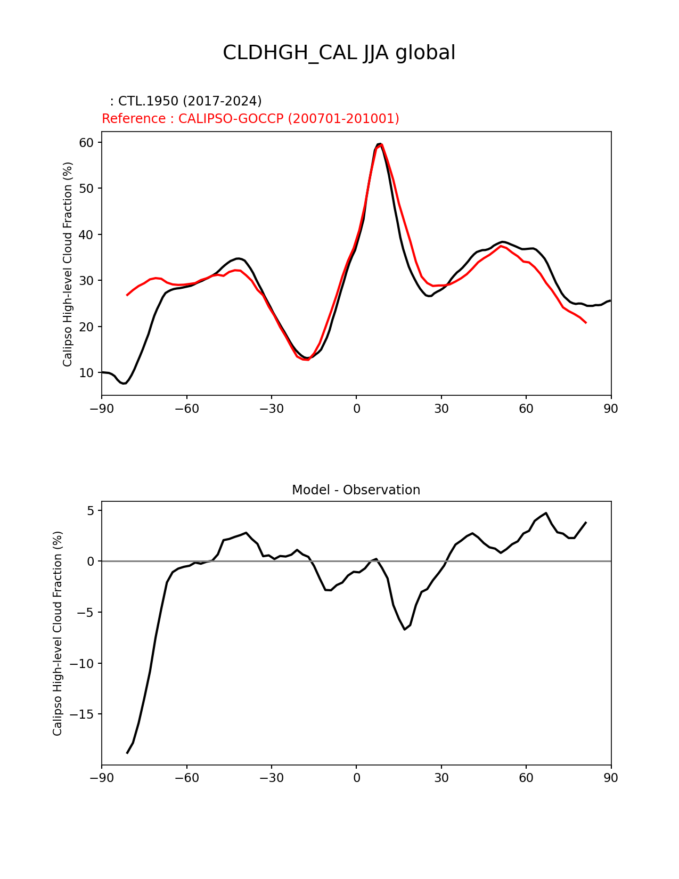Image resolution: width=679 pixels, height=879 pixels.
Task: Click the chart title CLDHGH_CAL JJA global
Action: click(x=339, y=53)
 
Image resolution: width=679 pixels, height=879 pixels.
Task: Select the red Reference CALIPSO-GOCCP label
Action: click(x=250, y=119)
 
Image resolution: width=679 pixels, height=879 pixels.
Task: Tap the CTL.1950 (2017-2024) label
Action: click(x=186, y=101)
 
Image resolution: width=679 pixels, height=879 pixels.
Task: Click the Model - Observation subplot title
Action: click(x=356, y=490)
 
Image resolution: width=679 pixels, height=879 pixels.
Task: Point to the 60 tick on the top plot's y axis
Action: click(x=87, y=142)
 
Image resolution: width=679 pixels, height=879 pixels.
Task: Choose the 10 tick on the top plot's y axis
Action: click(x=87, y=373)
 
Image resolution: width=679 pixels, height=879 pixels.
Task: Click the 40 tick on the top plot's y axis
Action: click(x=87, y=234)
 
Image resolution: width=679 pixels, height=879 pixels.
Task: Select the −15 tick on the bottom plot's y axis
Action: click(x=83, y=714)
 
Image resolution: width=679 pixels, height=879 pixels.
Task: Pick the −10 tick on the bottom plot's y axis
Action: click(x=83, y=663)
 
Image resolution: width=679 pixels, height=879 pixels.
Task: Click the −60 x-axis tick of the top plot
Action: click(x=186, y=409)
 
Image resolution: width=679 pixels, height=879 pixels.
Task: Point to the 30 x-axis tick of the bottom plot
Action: click(x=441, y=778)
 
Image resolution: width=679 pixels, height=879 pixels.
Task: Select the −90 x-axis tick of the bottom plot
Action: click(x=102, y=778)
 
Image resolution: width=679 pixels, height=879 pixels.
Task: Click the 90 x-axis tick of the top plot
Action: click(x=611, y=409)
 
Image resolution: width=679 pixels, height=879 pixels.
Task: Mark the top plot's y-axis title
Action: click(x=68, y=264)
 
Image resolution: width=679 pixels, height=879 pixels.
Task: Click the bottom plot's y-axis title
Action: click(x=58, y=633)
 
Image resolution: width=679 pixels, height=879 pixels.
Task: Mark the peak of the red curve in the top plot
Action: click(x=381, y=144)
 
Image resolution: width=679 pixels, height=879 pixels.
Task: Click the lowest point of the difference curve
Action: click(x=127, y=753)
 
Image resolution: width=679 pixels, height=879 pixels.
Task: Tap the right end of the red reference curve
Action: click(x=586, y=322)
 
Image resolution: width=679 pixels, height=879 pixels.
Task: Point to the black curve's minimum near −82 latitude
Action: click(x=124, y=383)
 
